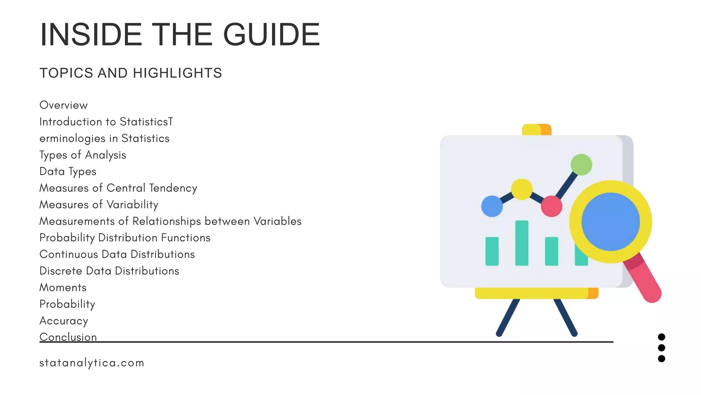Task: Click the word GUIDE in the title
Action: pyautogui.click(x=271, y=35)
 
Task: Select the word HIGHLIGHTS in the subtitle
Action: pyautogui.click(x=177, y=73)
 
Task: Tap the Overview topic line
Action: pyautogui.click(x=64, y=105)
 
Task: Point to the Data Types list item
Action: pyautogui.click(x=68, y=171)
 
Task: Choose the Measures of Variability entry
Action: pyautogui.click(x=99, y=205)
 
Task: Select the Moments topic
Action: pyautogui.click(x=63, y=287)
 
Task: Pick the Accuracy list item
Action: pyautogui.click(x=64, y=321)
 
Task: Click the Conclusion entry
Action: pyautogui.click(x=68, y=337)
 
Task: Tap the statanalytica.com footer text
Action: pyautogui.click(x=92, y=363)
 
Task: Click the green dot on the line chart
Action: pyautogui.click(x=581, y=165)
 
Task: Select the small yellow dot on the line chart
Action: pyautogui.click(x=522, y=189)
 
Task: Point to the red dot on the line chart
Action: pyautogui.click(x=551, y=206)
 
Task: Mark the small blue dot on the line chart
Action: pyautogui.click(x=492, y=206)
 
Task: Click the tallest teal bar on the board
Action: pyautogui.click(x=522, y=243)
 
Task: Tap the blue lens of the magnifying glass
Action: pyautogui.click(x=611, y=222)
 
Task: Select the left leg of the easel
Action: pyautogui.click(x=508, y=317)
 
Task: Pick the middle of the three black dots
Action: pyautogui.click(x=662, y=348)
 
